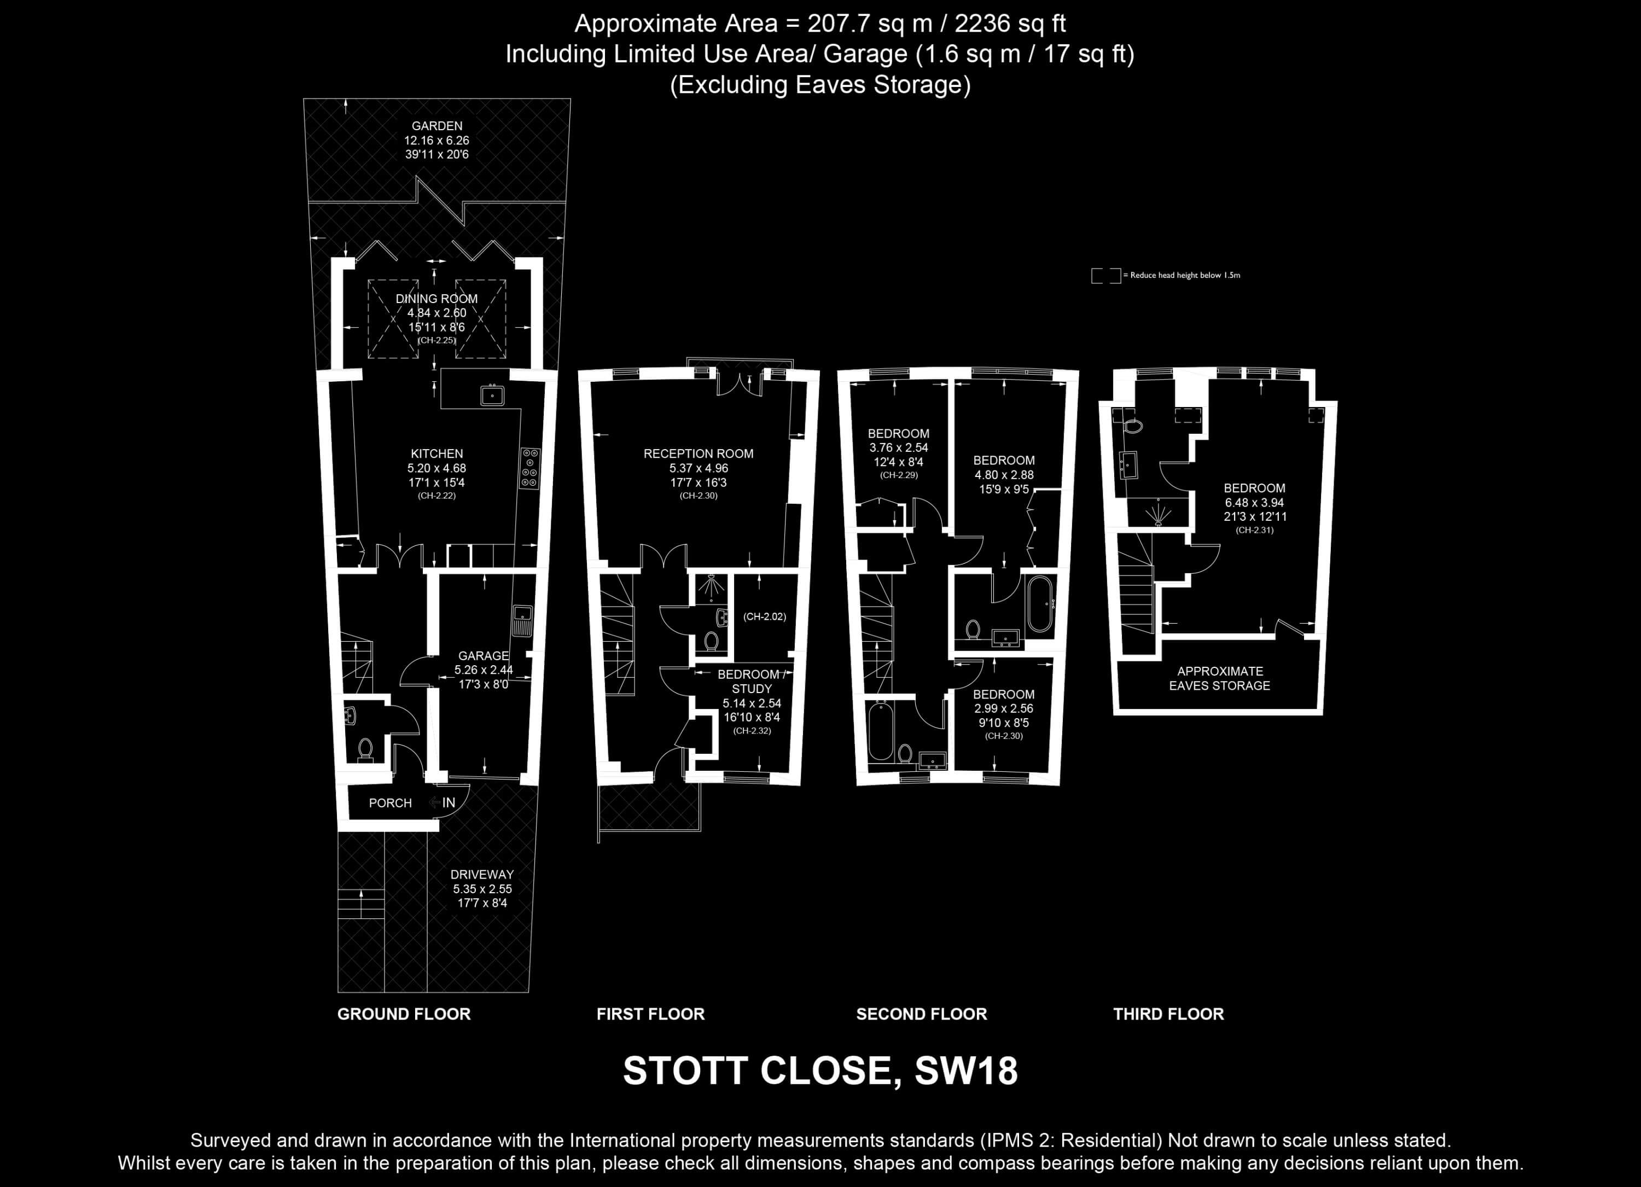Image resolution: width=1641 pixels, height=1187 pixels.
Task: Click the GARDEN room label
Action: [x=437, y=126]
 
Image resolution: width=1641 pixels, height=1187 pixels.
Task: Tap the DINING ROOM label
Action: [x=437, y=299]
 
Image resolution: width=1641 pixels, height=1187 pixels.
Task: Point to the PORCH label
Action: [x=390, y=803]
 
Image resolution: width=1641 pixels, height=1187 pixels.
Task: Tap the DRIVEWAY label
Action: [x=482, y=875]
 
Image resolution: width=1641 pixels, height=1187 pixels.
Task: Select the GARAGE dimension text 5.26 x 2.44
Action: [x=484, y=670]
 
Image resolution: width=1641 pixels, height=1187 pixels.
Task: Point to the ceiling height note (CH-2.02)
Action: [x=765, y=616]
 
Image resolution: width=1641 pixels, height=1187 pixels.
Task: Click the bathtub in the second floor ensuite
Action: [x=1040, y=604]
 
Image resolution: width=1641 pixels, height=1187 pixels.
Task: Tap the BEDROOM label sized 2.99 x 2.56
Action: [x=1004, y=694]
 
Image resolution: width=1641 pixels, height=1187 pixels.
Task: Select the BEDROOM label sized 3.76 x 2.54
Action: [x=899, y=434]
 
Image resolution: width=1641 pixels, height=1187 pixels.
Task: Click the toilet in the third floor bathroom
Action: [x=1132, y=426]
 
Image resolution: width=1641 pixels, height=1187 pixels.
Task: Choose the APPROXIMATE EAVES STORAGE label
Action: [x=1220, y=678]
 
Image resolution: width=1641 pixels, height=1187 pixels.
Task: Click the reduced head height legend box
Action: [x=1105, y=276]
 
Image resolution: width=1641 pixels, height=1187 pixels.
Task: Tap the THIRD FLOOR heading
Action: [x=1168, y=1014]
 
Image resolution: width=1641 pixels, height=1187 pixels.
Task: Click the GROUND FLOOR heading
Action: [x=404, y=1014]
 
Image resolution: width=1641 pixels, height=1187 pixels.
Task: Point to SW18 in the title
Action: [x=966, y=1070]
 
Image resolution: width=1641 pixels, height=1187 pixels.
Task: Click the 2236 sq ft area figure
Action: [x=1010, y=24]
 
